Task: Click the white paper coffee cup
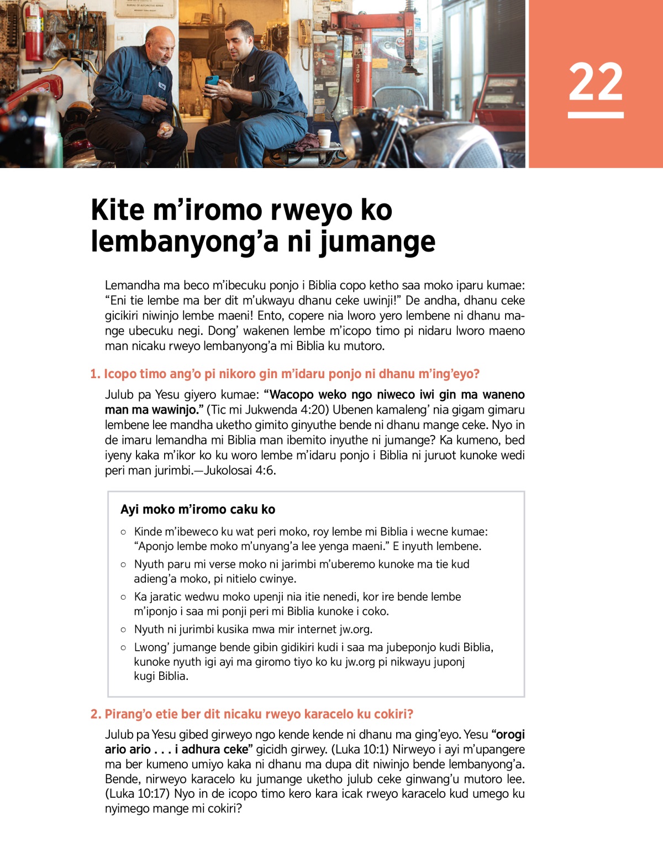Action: [x=324, y=138]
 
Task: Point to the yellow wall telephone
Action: [x=305, y=33]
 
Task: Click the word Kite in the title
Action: [x=117, y=210]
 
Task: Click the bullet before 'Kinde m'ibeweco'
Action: [x=123, y=532]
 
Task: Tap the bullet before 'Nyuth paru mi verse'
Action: [x=123, y=564]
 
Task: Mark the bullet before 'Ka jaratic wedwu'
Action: [x=123, y=597]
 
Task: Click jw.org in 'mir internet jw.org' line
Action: [x=355, y=630]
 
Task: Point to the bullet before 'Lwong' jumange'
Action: [x=123, y=647]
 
